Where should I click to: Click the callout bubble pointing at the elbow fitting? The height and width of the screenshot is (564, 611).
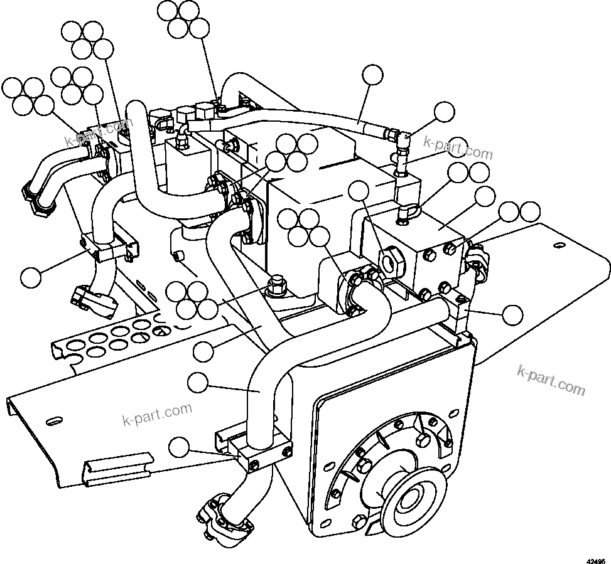click(x=445, y=112)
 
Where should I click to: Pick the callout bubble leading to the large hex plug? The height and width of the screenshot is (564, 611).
click(x=359, y=191)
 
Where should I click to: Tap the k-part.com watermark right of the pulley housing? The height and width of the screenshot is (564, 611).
click(x=551, y=380)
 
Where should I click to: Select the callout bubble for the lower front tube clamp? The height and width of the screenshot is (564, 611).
click(x=181, y=447)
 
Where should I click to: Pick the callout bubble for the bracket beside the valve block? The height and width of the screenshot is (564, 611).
click(x=514, y=314)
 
